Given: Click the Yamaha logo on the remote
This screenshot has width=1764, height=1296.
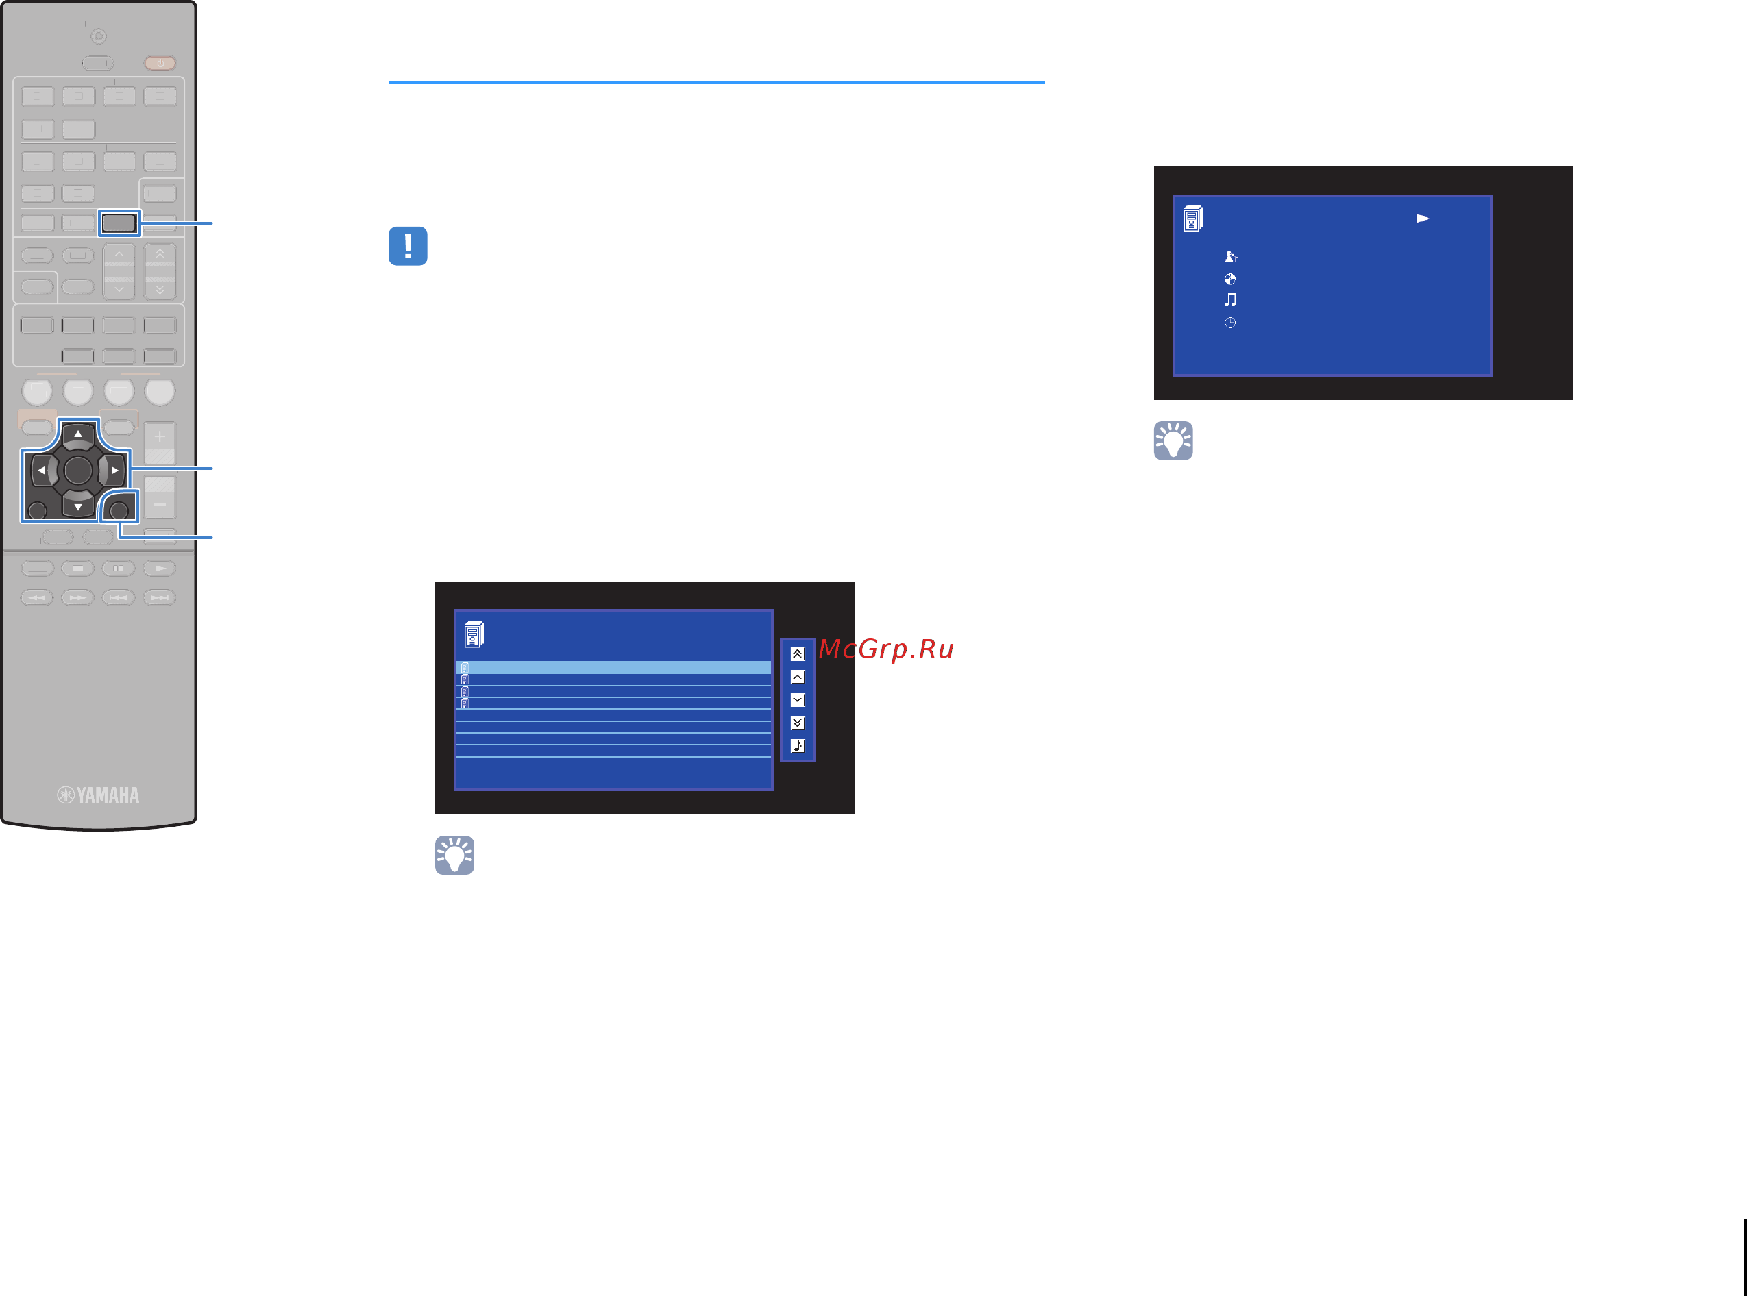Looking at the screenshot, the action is [x=98, y=795].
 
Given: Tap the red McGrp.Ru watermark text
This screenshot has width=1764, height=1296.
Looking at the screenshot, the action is [x=885, y=649].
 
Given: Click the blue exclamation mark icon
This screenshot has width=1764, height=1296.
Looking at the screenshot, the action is [x=407, y=247].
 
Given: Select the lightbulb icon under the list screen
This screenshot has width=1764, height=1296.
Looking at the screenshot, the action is [x=454, y=855].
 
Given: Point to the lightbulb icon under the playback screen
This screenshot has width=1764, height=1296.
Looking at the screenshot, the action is [x=1173, y=441].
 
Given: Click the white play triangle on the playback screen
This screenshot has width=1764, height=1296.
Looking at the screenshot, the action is [x=1422, y=219].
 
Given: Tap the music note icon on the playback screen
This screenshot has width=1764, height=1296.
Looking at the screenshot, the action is [x=1230, y=299].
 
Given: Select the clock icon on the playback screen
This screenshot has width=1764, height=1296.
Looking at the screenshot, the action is [x=1229, y=323].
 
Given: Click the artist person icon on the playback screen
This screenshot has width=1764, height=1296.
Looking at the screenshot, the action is [x=1230, y=257].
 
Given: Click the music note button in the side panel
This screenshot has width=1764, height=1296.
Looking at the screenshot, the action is [x=797, y=745].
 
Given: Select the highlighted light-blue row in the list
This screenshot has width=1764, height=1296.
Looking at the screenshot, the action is [x=613, y=668].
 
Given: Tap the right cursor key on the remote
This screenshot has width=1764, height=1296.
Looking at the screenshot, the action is [x=114, y=471].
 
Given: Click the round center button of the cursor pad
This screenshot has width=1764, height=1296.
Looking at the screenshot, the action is [x=77, y=471].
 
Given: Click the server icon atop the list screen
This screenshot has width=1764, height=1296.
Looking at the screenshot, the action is [x=474, y=634].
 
